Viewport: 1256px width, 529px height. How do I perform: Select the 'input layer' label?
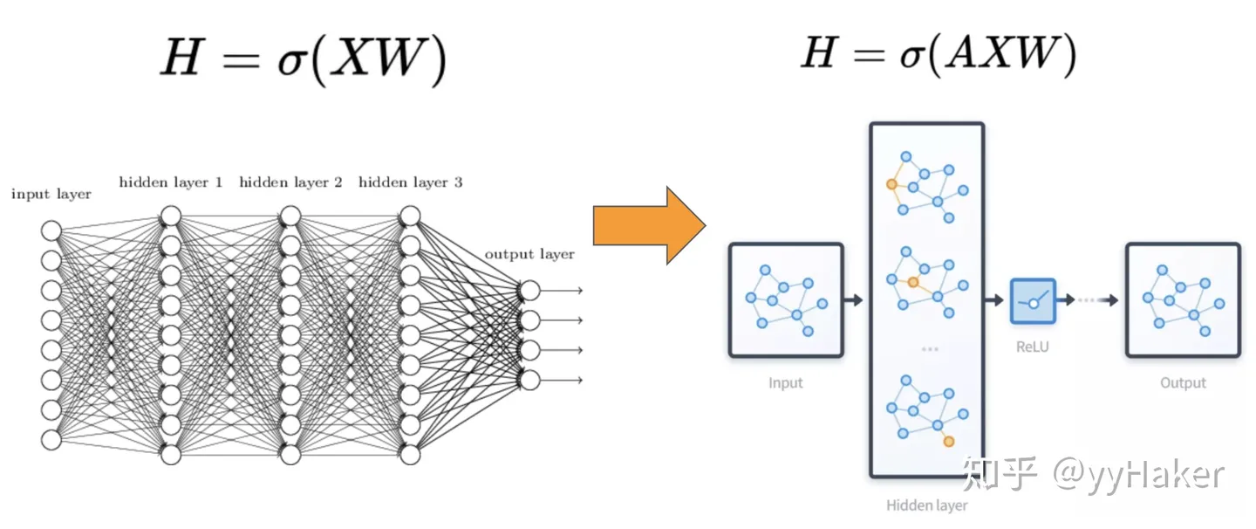51,194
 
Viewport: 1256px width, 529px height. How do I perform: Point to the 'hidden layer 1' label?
171,182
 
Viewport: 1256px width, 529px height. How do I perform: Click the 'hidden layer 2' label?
290,182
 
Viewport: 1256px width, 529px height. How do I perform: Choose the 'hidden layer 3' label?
410,182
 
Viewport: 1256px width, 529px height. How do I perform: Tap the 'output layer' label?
529,254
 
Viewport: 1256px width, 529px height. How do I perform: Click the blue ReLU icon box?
1033,301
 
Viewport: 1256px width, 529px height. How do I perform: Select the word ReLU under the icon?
1033,347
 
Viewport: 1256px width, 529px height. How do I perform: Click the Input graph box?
786,300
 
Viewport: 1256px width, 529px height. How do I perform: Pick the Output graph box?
1183,300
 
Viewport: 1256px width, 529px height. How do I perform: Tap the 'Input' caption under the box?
786,382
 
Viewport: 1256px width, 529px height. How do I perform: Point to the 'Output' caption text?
1183,382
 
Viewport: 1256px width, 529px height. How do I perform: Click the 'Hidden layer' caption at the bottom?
926,505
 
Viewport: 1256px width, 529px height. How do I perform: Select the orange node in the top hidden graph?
891,184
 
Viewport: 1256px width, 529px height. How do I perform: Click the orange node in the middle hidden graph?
912,282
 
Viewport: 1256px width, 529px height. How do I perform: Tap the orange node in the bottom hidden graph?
949,442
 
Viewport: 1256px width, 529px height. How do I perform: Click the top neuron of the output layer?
529,290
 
